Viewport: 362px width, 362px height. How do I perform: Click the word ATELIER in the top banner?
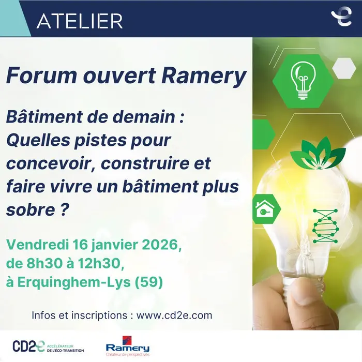(x=80, y=20)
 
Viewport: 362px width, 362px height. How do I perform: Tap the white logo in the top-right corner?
(x=341, y=17)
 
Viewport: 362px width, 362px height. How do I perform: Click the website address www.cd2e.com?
(x=174, y=315)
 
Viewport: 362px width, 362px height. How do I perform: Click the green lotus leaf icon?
(x=310, y=154)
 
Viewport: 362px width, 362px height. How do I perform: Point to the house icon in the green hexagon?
(x=264, y=209)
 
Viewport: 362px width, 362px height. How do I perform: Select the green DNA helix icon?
(x=325, y=226)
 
